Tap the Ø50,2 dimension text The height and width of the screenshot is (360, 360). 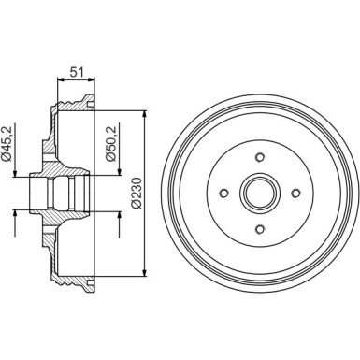click(112, 144)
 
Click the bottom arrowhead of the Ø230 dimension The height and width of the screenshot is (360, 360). click(144, 278)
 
